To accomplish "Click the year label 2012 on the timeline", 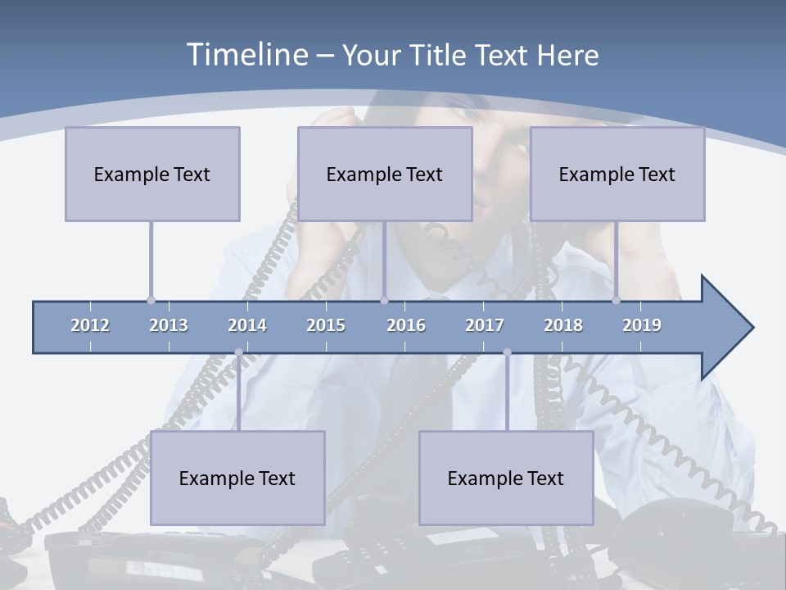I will point(90,325).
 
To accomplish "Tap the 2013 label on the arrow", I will point(169,325).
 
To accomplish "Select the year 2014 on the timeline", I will point(247,325).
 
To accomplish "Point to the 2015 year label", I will point(326,325).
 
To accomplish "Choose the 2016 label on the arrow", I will point(406,325).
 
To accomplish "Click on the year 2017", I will point(485,325).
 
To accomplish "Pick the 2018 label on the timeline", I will point(563,325).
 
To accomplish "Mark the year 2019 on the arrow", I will point(642,325).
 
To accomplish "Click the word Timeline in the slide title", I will point(246,55).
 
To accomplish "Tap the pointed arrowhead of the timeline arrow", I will point(733,328).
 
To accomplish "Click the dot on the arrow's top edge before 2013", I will point(151,301).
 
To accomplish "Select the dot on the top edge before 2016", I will point(384,301).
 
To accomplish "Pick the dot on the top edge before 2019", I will point(617,301).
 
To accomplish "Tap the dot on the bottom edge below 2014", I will point(238,352).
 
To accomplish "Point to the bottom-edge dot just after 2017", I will point(507,352).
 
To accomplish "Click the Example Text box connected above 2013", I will point(152,174).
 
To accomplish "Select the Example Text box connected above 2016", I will point(385,174).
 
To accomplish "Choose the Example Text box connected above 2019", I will point(617,174).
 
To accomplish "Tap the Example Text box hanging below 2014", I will point(237,478).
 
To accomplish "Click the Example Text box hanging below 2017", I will point(506,478).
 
